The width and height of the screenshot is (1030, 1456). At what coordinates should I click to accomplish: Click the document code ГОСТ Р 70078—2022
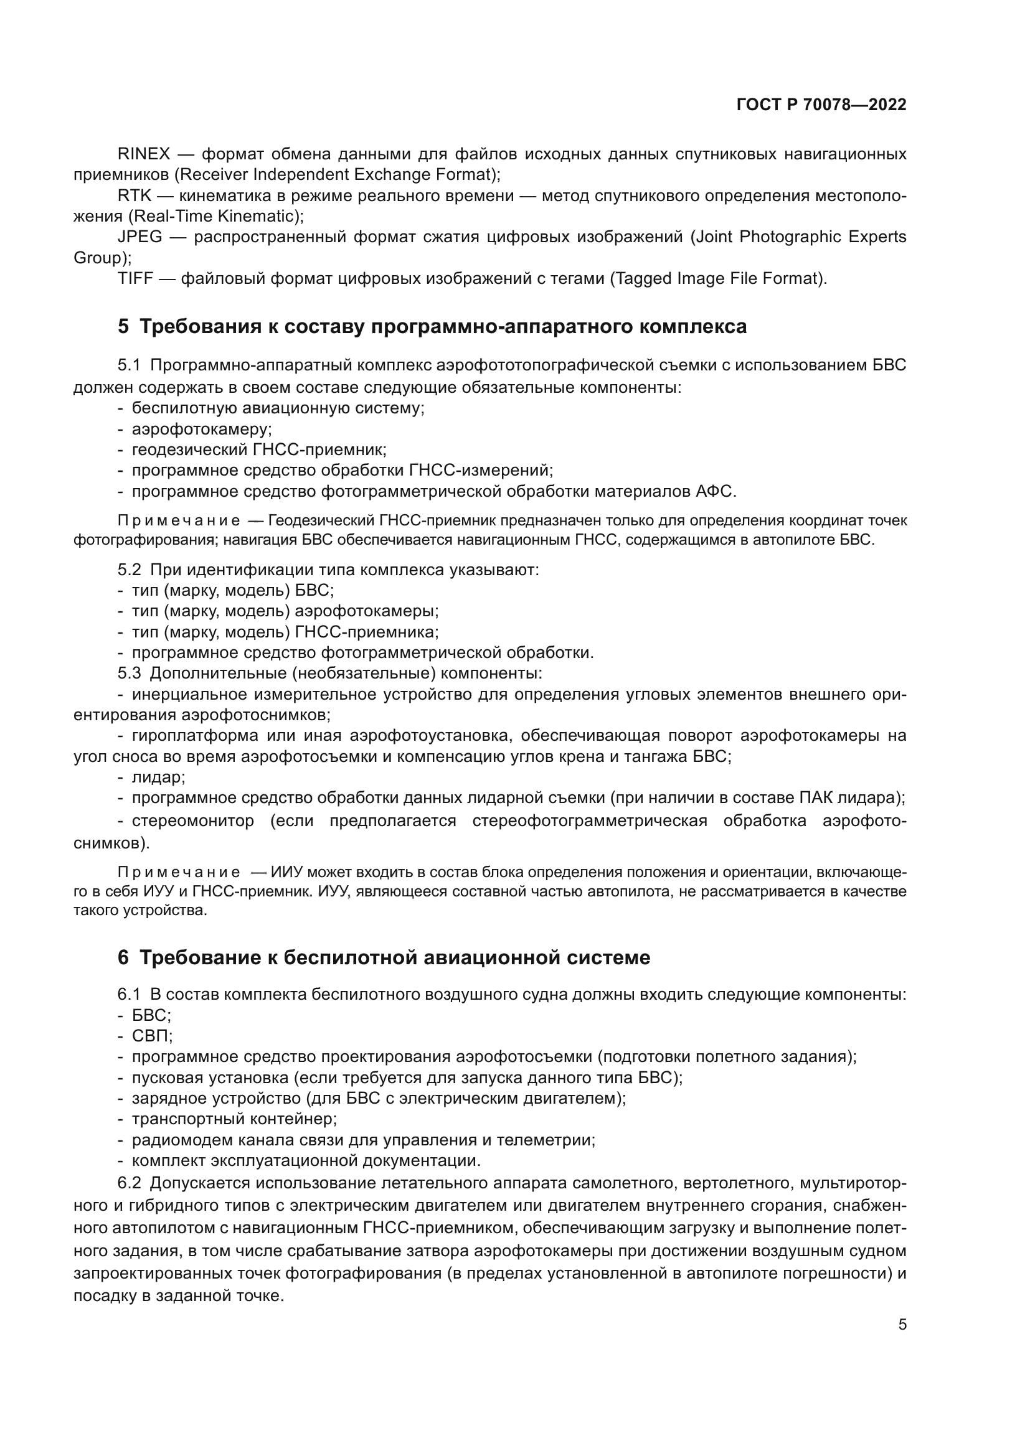[821, 105]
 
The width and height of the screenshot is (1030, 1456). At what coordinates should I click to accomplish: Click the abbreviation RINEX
[144, 154]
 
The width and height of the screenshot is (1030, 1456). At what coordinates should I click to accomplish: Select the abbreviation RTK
[135, 196]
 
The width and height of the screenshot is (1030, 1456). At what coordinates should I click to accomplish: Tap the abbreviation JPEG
[139, 237]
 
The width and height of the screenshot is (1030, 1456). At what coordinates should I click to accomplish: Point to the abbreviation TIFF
[135, 278]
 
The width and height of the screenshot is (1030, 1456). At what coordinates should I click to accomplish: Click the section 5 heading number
[123, 327]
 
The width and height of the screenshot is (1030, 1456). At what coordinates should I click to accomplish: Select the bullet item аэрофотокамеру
[201, 430]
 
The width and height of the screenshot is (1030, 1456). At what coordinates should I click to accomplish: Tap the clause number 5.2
[129, 570]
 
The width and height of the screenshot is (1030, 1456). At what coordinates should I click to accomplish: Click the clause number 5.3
[129, 673]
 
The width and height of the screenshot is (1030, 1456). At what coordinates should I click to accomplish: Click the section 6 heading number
[123, 957]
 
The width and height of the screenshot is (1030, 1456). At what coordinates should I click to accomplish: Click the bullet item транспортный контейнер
[234, 1119]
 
